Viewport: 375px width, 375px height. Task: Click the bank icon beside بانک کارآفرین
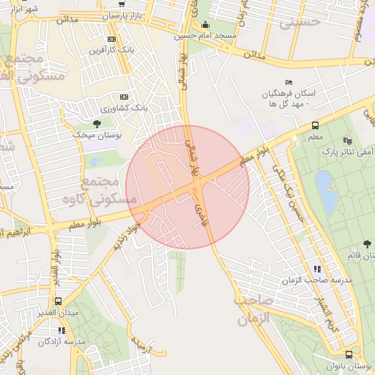pyautogui.click(x=111, y=39)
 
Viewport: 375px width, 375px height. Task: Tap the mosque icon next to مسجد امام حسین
pyautogui.click(x=204, y=24)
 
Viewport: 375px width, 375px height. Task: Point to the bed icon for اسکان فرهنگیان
pyautogui.click(x=289, y=83)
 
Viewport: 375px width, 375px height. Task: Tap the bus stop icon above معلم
pyautogui.click(x=315, y=125)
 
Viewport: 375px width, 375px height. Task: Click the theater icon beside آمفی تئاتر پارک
pyautogui.click(x=346, y=141)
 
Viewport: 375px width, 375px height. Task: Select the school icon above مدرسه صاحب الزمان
pyautogui.click(x=316, y=270)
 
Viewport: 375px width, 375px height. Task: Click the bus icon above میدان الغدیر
pyautogui.click(x=58, y=301)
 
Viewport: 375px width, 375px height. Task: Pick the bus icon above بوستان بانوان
pyautogui.click(x=349, y=354)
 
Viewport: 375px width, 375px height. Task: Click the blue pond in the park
pyautogui.click(x=327, y=192)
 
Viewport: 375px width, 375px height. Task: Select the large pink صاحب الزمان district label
pyautogui.click(x=253, y=310)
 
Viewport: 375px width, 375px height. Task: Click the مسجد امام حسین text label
pyautogui.click(x=204, y=35)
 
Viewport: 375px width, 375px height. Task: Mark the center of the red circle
pyautogui.click(x=187, y=187)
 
